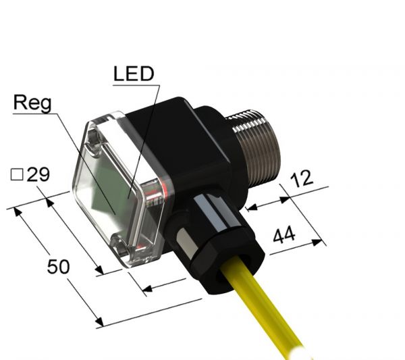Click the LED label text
tap(133, 74)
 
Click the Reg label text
tap(32, 103)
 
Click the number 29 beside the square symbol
tap(38, 176)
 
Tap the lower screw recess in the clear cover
tap(120, 247)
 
